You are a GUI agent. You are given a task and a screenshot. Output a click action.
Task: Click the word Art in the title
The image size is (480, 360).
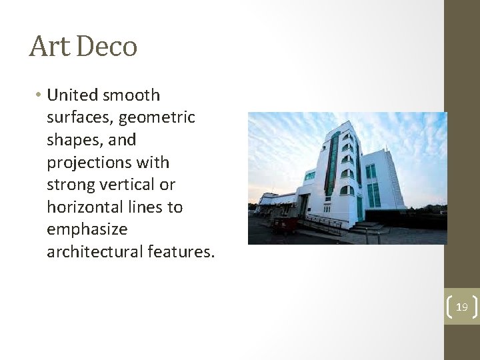point(51,47)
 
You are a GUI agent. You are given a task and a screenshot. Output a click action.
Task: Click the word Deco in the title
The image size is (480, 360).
point(107,47)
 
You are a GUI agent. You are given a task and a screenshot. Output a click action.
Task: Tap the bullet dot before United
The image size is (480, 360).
point(38,95)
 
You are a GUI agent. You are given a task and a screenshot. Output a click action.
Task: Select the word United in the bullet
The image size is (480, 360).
point(72,95)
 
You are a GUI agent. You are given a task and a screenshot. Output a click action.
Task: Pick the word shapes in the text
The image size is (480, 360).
point(70,140)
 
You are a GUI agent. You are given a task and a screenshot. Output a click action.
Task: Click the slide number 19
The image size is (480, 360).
point(461,307)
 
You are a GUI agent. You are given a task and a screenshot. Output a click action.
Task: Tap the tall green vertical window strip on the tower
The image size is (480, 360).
point(331,164)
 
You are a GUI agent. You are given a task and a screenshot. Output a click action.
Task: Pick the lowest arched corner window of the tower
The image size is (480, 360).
point(347,191)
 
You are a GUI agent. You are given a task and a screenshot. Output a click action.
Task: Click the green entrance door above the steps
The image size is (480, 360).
point(359,209)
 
